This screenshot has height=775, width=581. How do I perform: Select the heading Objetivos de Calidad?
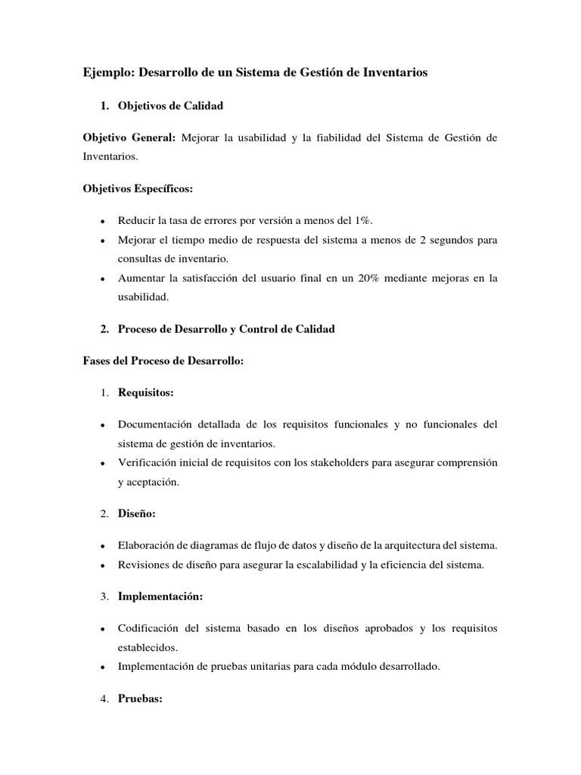pos(170,106)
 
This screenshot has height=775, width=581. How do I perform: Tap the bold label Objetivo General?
pos(129,138)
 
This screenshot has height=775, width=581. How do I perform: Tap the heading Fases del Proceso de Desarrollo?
pos(163,361)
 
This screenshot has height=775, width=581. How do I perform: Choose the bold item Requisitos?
pos(145,393)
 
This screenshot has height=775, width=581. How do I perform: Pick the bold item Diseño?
pos(136,514)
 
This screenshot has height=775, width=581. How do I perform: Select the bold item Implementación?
pos(160,596)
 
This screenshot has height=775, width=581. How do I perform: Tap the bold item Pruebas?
pos(140,699)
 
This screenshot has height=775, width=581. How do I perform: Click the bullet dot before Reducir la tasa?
pos(101,221)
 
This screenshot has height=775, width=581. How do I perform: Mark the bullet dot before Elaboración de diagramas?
pos(101,546)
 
